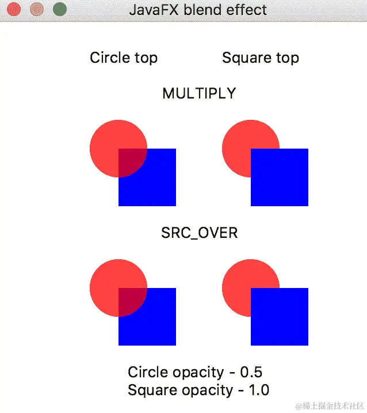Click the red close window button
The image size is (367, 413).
point(14,10)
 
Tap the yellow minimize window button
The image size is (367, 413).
point(36,10)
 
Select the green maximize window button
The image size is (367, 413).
point(59,10)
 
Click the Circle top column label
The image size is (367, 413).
point(124,58)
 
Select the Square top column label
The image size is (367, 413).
point(261,58)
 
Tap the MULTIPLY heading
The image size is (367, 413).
point(199,93)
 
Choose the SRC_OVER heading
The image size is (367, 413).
point(199,233)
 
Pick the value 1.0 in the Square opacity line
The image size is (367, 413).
point(258,390)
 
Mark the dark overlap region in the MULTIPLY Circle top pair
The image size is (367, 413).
point(131,161)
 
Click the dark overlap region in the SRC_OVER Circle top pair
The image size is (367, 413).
point(131,301)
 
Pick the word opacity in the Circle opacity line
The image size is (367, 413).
point(199,372)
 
